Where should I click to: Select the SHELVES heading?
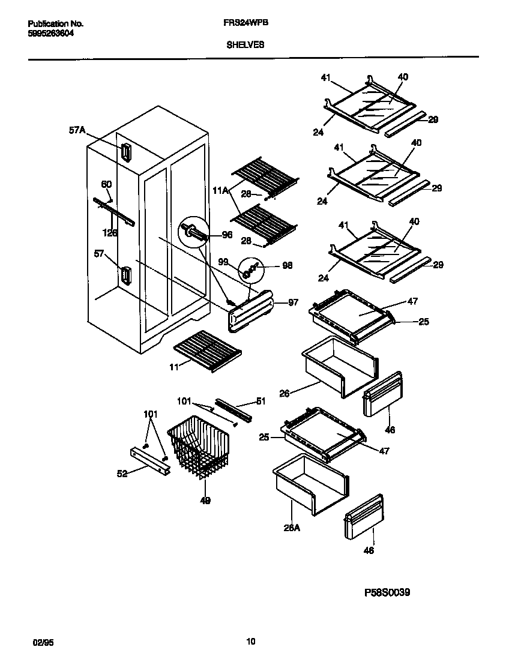tap(245, 44)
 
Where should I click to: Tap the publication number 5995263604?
tap(52, 34)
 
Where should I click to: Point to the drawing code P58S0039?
tap(388, 592)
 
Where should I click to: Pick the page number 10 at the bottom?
tap(251, 641)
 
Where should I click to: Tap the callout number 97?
tap(293, 302)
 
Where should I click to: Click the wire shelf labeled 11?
tap(207, 348)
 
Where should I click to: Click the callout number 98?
tap(287, 265)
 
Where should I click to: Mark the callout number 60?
tap(106, 184)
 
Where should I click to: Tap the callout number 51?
tap(261, 402)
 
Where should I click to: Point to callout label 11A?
tap(220, 191)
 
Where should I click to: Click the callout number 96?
tap(227, 235)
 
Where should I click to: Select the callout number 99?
tap(223, 262)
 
